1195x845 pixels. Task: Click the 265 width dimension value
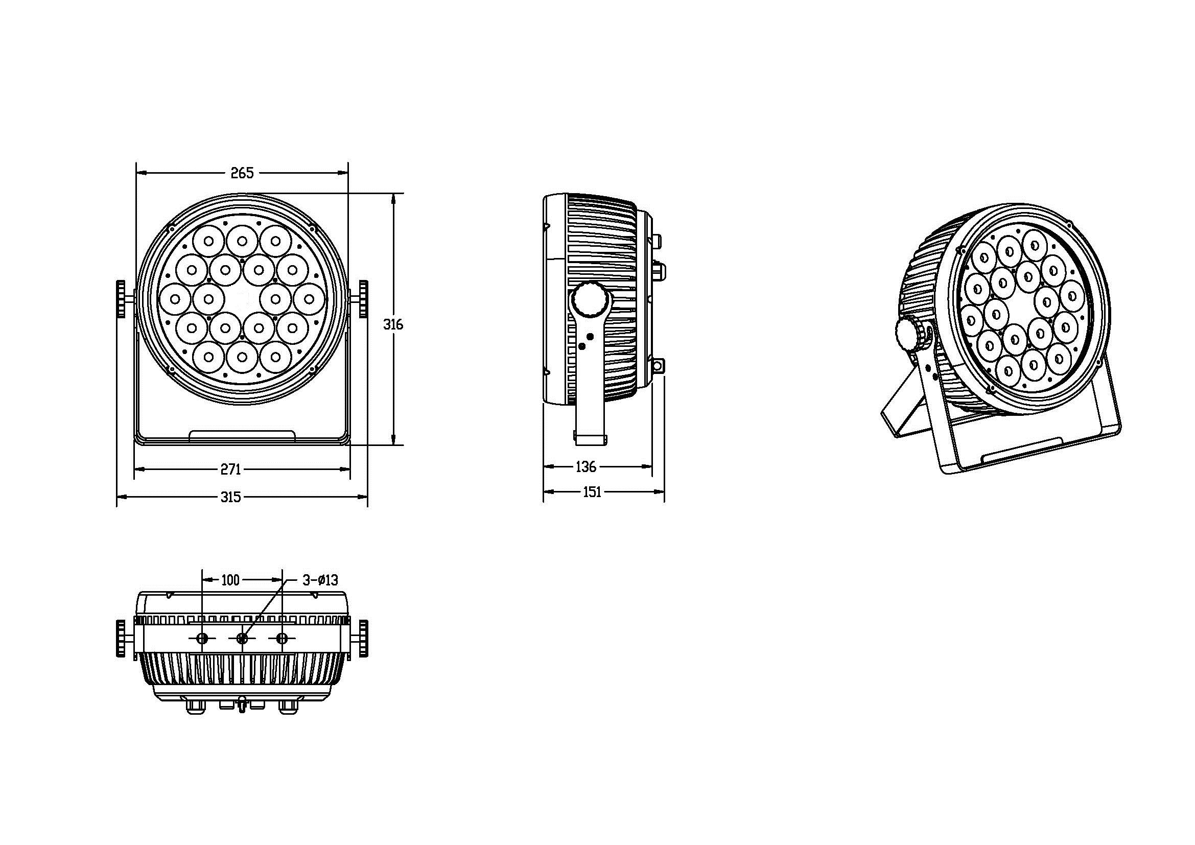pos(242,173)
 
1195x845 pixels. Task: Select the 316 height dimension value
pos(393,324)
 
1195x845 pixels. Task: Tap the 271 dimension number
pos(230,470)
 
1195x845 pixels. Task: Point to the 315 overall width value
pos(230,497)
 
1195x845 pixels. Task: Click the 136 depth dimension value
pos(585,467)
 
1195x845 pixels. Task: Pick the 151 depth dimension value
pos(592,491)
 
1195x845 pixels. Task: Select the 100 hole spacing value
pos(230,580)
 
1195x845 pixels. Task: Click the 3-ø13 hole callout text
pos(321,580)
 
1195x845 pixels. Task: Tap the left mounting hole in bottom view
pos(202,639)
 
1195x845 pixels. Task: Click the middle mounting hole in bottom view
pos(242,639)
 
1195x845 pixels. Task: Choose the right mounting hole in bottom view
pos(282,639)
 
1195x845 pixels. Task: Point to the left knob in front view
pos(121,299)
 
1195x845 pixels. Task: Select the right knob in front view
pos(363,299)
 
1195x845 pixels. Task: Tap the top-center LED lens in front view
pos(242,241)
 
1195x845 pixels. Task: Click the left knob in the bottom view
pos(121,638)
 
